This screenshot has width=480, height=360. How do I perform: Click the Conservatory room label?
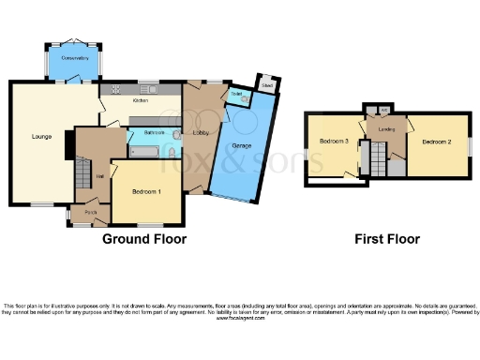click(x=73, y=58)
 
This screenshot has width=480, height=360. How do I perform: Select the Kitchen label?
click(x=141, y=100)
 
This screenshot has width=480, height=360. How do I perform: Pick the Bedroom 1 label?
click(x=146, y=192)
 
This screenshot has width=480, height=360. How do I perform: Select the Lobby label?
click(x=201, y=133)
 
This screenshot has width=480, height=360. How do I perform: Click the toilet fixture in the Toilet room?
click(x=245, y=101)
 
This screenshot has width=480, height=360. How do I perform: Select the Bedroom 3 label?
click(x=334, y=142)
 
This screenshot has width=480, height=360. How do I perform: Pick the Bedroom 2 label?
click(x=435, y=142)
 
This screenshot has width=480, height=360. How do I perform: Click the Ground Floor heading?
click(x=144, y=239)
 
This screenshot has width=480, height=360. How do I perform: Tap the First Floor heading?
click(x=386, y=239)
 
